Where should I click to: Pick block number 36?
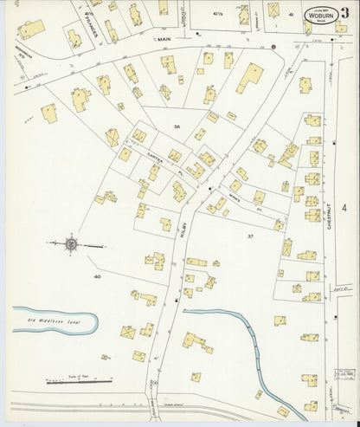[178, 127]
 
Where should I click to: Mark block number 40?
[98, 276]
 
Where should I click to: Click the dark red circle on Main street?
[274, 47]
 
